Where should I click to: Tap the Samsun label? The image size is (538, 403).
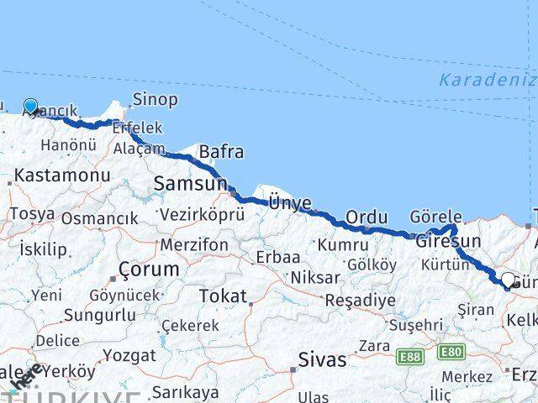point(190,184)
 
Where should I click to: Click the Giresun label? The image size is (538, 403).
point(448,241)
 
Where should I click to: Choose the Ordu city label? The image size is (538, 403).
point(367,217)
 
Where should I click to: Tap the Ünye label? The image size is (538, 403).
point(290,202)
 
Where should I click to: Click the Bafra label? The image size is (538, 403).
point(221,152)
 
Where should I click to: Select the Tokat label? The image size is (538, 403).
point(223,296)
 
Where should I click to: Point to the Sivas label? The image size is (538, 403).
point(322,359)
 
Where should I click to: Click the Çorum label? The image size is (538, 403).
point(149,270)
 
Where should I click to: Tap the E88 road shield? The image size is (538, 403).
point(410,358)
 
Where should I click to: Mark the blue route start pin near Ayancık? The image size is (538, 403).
point(31,106)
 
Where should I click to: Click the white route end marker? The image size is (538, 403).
point(508,280)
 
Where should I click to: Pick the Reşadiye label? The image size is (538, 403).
point(360,300)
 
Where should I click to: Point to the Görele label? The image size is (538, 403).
point(436,217)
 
